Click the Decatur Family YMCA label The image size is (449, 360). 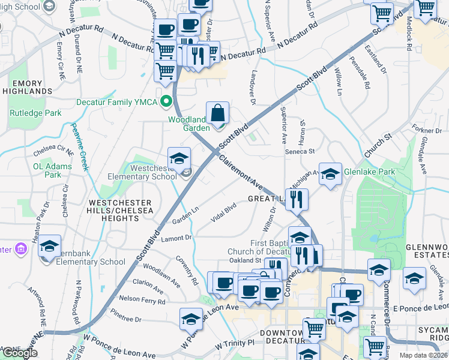tap(116, 102)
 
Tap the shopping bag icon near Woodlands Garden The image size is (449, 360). tap(217, 112)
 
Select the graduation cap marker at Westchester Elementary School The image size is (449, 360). tap(179, 159)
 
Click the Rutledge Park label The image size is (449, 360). tap(35, 113)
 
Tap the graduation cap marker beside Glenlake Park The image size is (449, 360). tap(330, 175)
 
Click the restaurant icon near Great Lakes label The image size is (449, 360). tap(296, 200)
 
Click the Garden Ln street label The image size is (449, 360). tap(185, 217)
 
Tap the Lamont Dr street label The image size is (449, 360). tap(176, 238)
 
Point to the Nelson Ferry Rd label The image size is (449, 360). tap(142, 299)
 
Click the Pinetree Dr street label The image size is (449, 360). tap(125, 319)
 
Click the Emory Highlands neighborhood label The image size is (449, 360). tap(27, 86)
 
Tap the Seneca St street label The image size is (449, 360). tap(300, 151)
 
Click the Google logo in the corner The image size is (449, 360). tap(19, 353)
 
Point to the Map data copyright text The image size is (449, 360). tap(424, 355)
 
